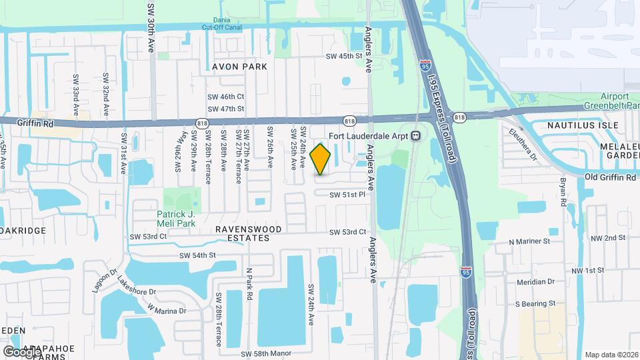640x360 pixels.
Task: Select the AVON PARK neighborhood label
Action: click(239, 67)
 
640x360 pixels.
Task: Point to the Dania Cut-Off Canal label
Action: click(223, 24)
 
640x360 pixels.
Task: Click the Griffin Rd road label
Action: click(25, 122)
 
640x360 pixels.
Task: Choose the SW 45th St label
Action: click(345, 56)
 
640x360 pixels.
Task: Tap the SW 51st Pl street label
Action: click(348, 195)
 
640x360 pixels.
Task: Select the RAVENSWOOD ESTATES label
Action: click(248, 233)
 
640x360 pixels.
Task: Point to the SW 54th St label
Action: click(198, 255)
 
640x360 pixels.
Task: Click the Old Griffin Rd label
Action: click(610, 177)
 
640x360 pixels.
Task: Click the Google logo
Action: click(22, 351)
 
